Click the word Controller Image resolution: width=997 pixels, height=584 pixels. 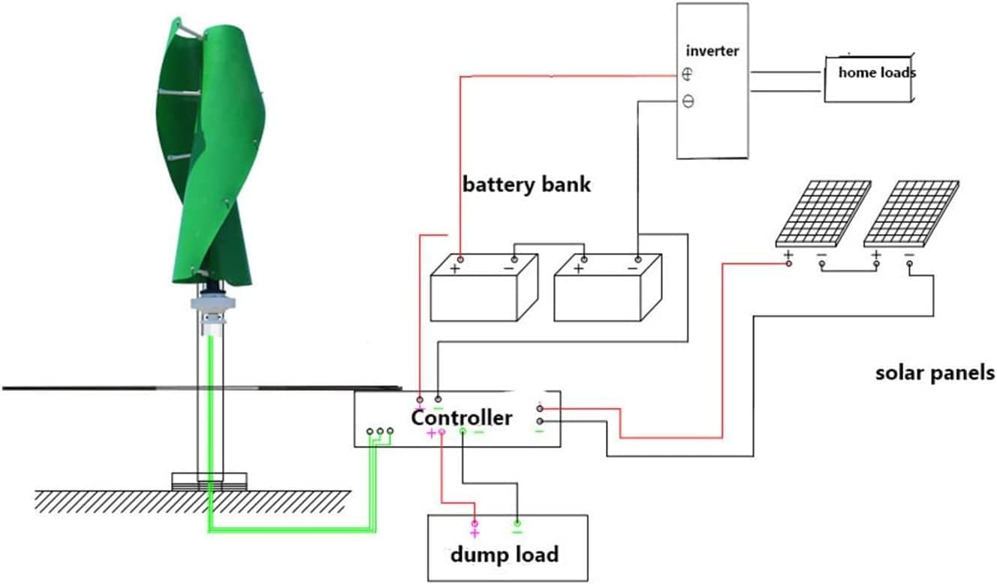[x=461, y=417]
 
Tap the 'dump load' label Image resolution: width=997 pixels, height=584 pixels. [x=504, y=555]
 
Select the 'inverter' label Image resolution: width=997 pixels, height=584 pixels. [x=712, y=51]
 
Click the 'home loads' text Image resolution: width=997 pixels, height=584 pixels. [x=876, y=73]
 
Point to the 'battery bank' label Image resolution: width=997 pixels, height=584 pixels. [x=526, y=184]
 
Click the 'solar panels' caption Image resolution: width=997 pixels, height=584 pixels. [x=935, y=372]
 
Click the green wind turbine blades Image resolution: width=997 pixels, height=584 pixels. [x=210, y=150]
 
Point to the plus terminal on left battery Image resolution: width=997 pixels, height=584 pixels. [x=455, y=268]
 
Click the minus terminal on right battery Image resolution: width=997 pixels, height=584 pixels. [x=633, y=268]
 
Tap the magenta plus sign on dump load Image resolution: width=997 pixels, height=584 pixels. [x=474, y=534]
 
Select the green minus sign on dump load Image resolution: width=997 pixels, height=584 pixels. [x=517, y=532]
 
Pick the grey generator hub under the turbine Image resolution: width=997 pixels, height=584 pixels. [x=213, y=305]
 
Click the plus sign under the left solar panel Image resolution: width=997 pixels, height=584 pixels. [x=788, y=255]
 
